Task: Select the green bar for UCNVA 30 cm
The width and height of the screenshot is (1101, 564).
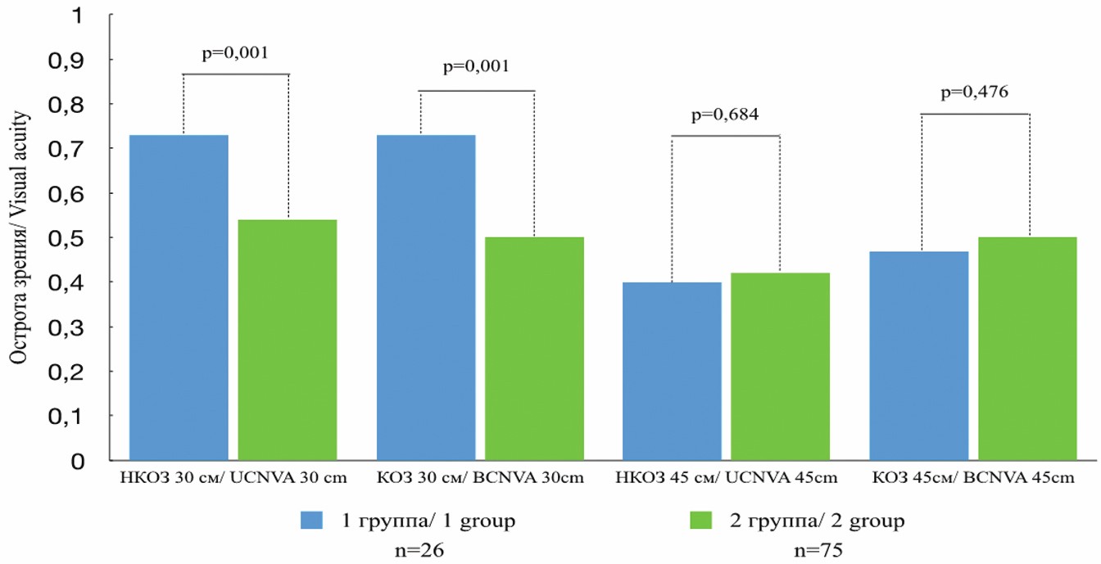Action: pyautogui.click(x=288, y=339)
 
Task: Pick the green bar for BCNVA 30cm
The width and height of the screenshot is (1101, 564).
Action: pyautogui.click(x=534, y=348)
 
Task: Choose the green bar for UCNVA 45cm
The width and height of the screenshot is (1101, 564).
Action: pyautogui.click(x=780, y=366)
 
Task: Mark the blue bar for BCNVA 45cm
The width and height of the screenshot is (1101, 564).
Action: pyautogui.click(x=919, y=355)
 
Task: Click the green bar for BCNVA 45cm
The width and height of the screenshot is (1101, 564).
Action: pyautogui.click(x=1027, y=348)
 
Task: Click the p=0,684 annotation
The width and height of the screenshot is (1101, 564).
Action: pyautogui.click(x=724, y=114)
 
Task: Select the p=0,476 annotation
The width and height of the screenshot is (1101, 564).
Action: pyautogui.click(x=975, y=92)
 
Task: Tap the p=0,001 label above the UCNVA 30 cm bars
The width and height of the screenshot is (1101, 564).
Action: pyautogui.click(x=235, y=54)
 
